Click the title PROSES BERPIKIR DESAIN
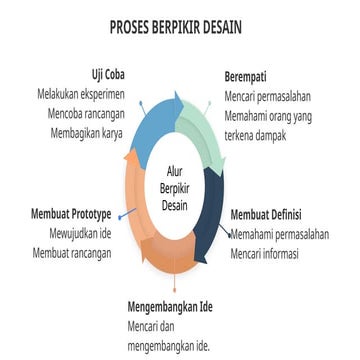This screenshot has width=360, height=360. click(180, 27)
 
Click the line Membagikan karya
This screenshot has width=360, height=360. click(98, 133)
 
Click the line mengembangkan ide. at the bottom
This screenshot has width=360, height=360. click(168, 346)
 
